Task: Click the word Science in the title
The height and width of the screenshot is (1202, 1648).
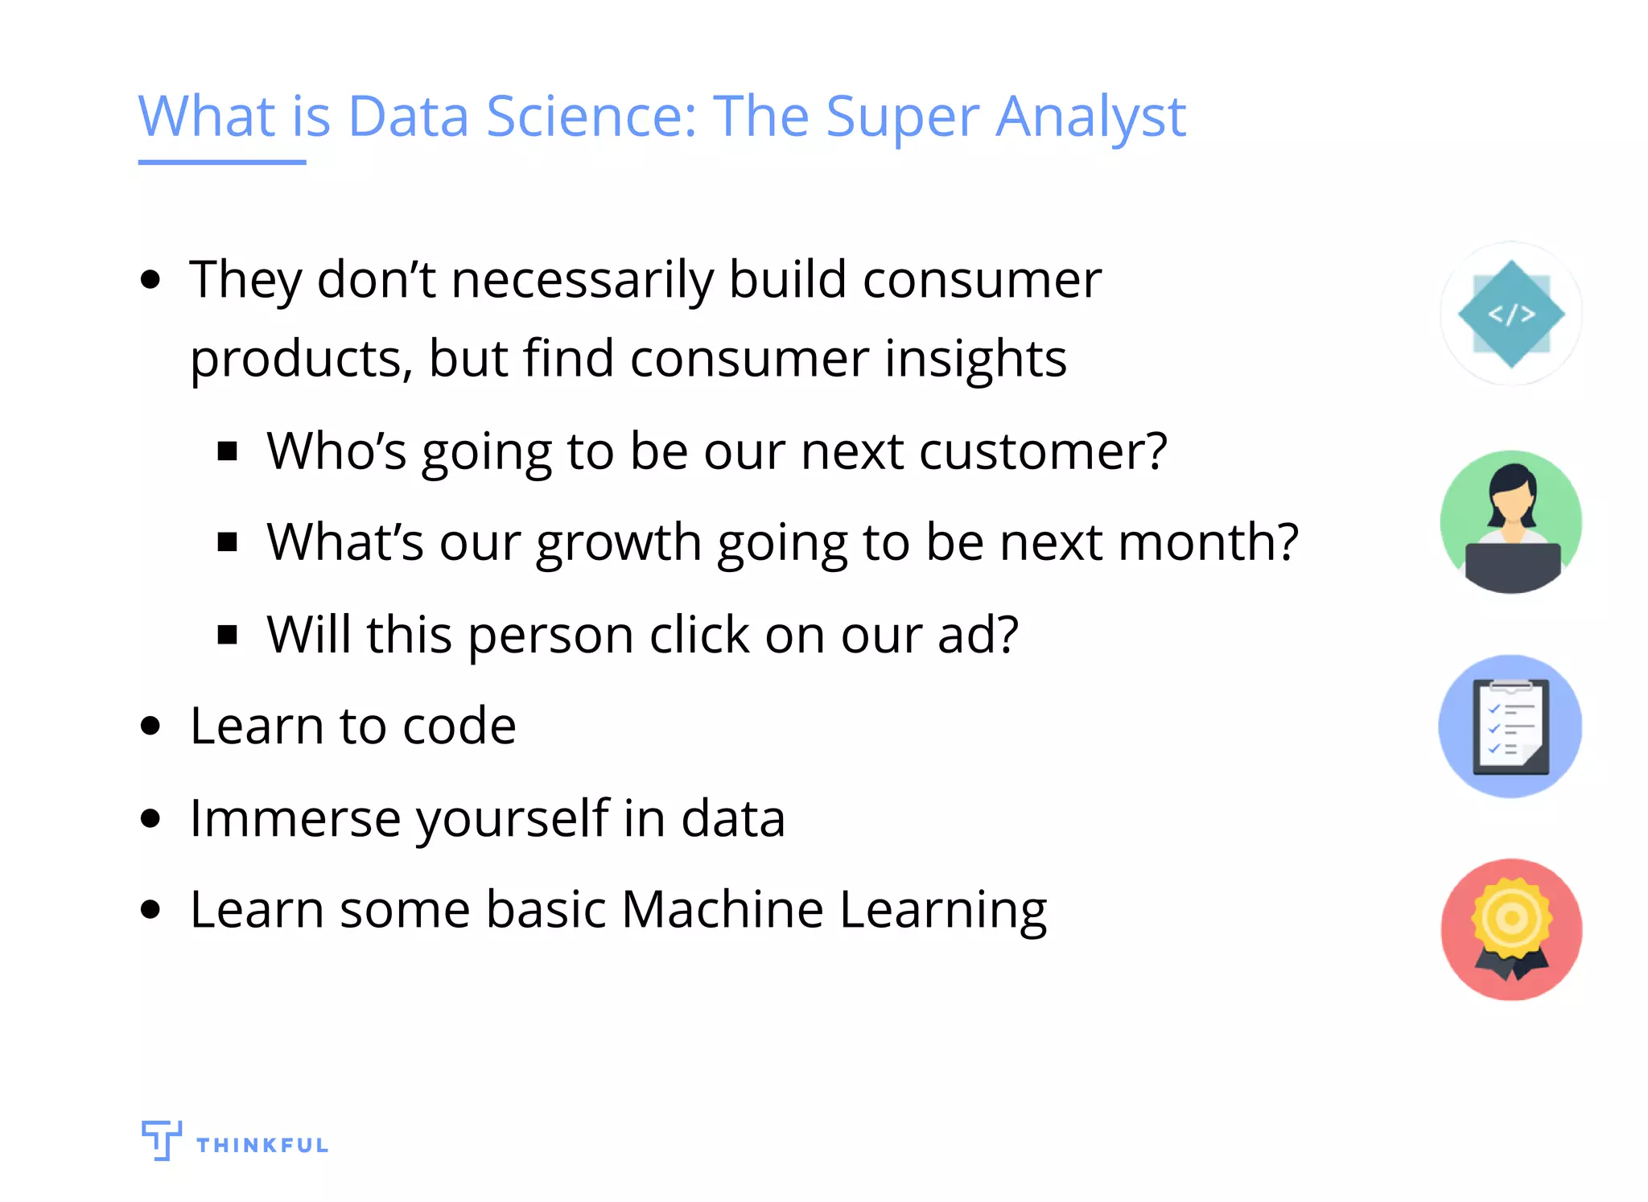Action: pos(591,117)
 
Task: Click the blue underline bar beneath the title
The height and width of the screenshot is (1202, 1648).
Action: pos(222,163)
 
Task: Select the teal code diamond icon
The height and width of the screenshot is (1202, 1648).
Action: pos(1511,314)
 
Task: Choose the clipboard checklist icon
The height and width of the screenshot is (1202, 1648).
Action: pos(1510,727)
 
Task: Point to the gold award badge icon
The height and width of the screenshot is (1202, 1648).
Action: pos(1511,921)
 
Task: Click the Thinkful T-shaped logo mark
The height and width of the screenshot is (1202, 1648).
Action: pos(161,1139)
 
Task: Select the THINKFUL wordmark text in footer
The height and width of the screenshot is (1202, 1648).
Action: pos(262,1146)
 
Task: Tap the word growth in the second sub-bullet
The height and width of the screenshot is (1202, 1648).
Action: pos(619,543)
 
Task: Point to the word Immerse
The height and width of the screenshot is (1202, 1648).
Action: pos(295,819)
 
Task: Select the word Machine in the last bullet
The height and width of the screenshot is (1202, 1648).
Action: pos(722,910)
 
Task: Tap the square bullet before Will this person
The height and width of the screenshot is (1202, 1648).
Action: pos(228,636)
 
